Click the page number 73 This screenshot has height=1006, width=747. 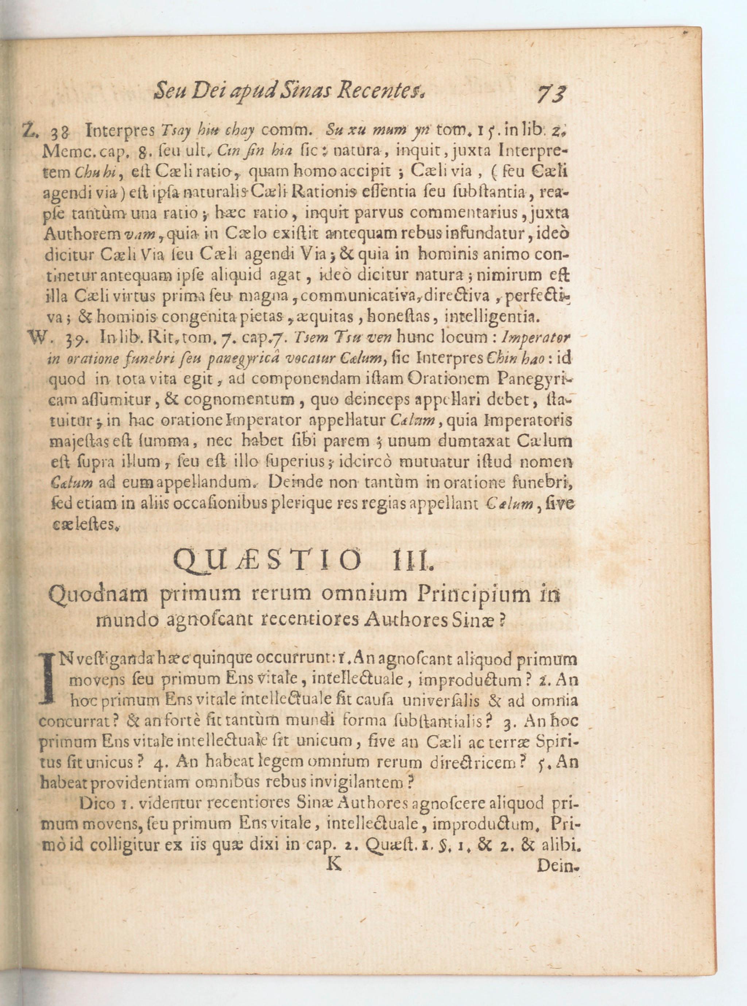pyautogui.click(x=551, y=95)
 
